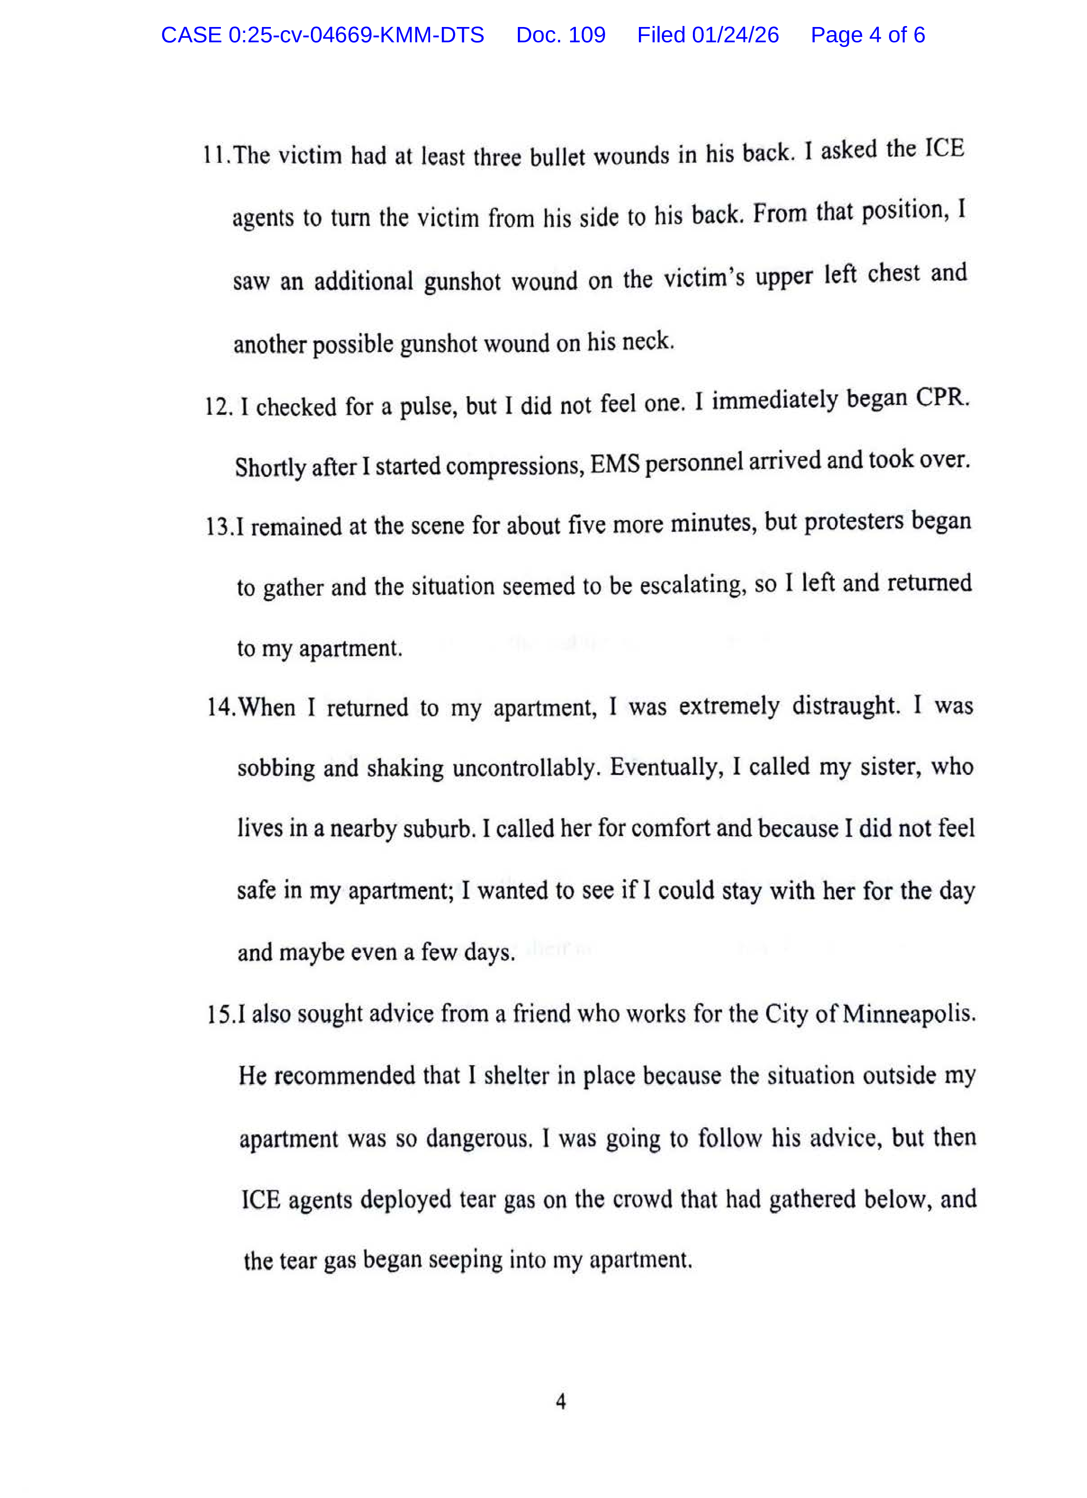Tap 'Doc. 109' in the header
click(560, 35)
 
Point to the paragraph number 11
click(216, 155)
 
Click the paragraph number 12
click(217, 407)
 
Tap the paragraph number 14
click(220, 707)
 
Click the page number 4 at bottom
click(561, 1402)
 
